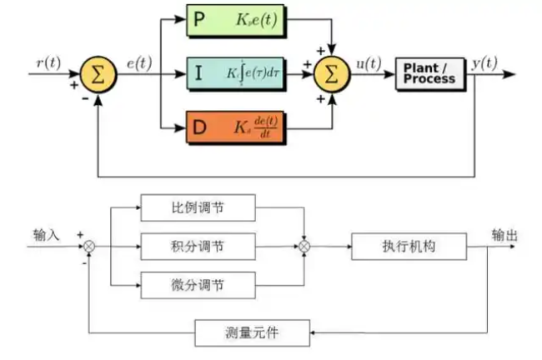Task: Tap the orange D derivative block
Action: tap(237, 128)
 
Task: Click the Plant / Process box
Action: tap(429, 73)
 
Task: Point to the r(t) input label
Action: tap(48, 61)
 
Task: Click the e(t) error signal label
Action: tap(138, 62)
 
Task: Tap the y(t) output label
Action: tap(485, 61)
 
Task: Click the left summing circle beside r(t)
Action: tap(99, 76)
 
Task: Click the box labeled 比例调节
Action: tap(197, 207)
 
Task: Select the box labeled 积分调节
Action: tap(197, 247)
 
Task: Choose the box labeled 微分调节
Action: tap(197, 285)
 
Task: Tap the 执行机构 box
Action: tap(409, 247)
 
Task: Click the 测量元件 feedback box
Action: tap(252, 332)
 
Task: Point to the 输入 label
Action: tap(47, 235)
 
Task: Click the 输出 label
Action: tap(504, 235)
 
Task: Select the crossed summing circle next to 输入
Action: tap(89, 247)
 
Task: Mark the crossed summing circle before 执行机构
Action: tap(305, 247)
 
